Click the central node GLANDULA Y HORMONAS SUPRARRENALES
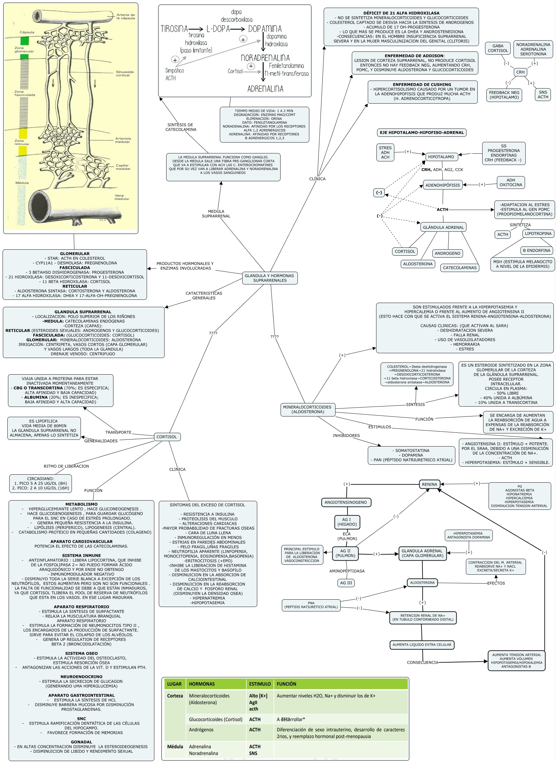pyautogui.click(x=270, y=278)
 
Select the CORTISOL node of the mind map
pyautogui.click(x=167, y=437)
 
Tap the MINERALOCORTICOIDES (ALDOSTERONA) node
pyautogui.click(x=308, y=409)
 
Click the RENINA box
pyautogui.click(x=429, y=484)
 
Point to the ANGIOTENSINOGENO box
pyautogui.click(x=346, y=502)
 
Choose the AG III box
pyautogui.click(x=346, y=583)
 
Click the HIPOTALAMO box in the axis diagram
pyautogui.click(x=441, y=157)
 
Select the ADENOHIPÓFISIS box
pyautogui.click(x=443, y=185)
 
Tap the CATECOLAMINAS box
pyautogui.click(x=460, y=268)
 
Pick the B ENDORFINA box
pyautogui.click(x=537, y=250)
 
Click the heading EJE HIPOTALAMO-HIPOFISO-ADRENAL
pyautogui.click(x=422, y=133)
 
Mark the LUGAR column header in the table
pyautogui.click(x=174, y=684)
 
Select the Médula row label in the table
pyautogui.click(x=175, y=747)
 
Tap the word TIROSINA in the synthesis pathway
pyautogui.click(x=174, y=29)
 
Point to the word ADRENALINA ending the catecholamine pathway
pyautogui.click(x=265, y=89)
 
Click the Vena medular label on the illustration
pyautogui.click(x=121, y=197)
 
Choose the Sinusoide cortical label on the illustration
pyautogui.click(x=125, y=74)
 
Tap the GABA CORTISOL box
pyautogui.click(x=498, y=49)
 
